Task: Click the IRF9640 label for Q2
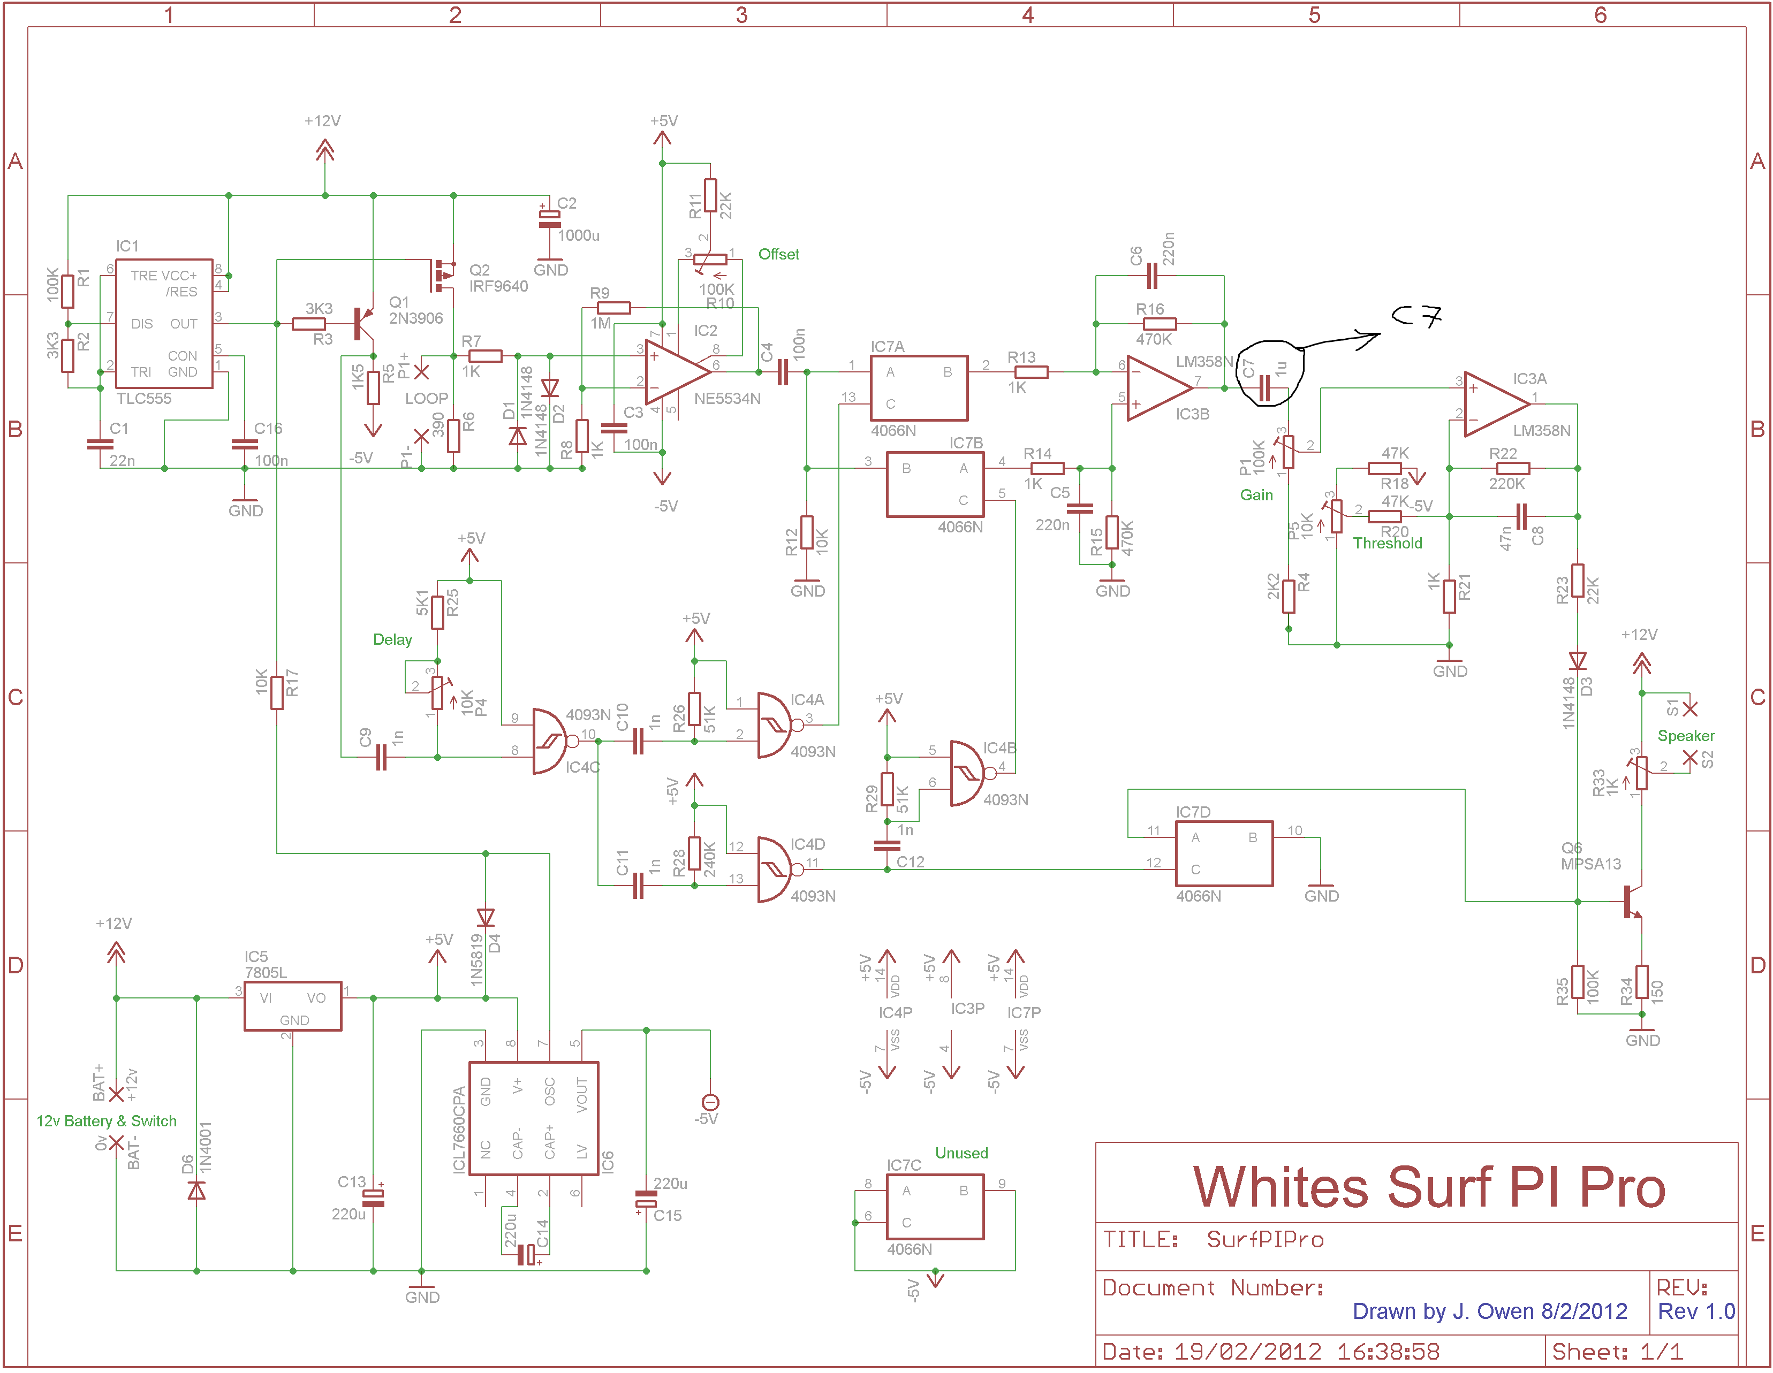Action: (498, 286)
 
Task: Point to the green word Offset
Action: (778, 254)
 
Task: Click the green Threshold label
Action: (1388, 543)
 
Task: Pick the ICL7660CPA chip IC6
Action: (534, 1118)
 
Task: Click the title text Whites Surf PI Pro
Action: (1429, 1187)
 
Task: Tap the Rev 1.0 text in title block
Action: (1696, 1311)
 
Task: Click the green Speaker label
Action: (1686, 736)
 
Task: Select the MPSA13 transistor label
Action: (1590, 864)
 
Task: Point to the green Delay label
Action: (392, 639)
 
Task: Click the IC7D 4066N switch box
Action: (1224, 853)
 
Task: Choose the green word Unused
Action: (961, 1153)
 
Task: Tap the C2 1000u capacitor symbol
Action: (550, 218)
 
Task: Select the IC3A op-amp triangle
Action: (1497, 404)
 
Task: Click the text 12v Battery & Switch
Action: (107, 1120)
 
